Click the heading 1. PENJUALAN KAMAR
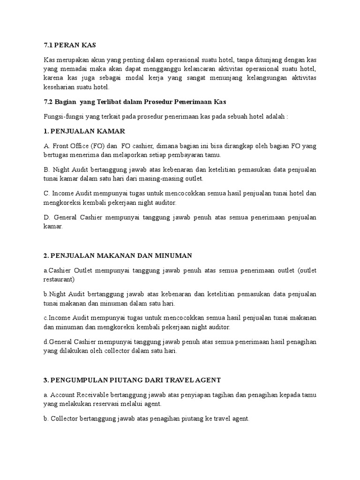[x=82, y=131]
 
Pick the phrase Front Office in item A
[x=69, y=146]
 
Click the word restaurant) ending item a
[x=60, y=279]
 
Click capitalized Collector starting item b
[x=66, y=420]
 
